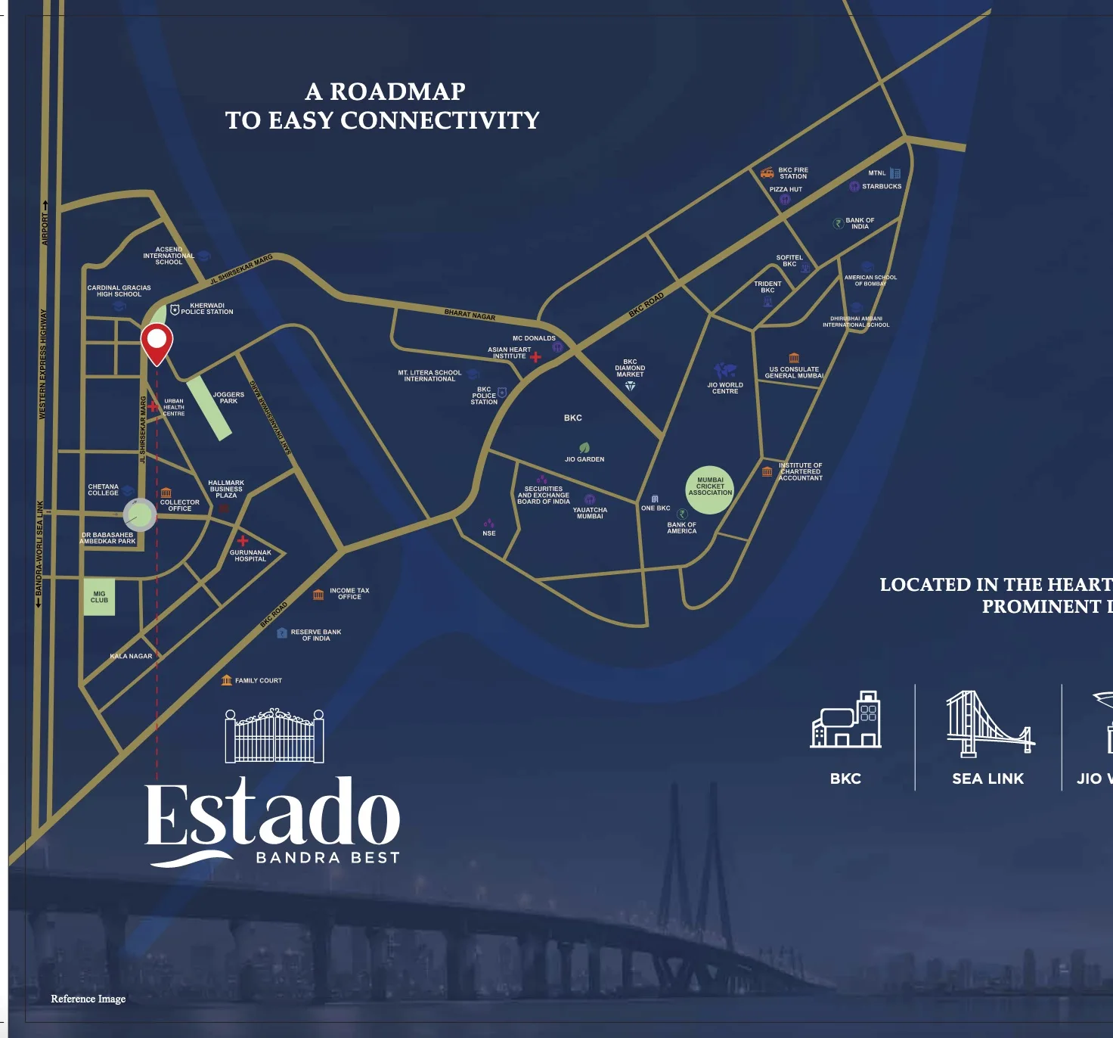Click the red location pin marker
[157, 342]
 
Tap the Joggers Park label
[228, 398]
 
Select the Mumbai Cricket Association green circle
[710, 489]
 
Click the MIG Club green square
[99, 597]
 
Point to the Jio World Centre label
[725, 388]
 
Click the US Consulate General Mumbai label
[794, 372]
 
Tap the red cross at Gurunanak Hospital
[243, 540]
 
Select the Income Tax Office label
[349, 594]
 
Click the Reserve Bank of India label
[316, 635]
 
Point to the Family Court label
[258, 681]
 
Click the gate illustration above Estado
[274, 735]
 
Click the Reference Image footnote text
[88, 999]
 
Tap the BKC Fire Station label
[793, 173]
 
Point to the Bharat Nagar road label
[470, 315]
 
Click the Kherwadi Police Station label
[207, 309]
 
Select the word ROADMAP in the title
[398, 92]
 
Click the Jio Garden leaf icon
[584, 448]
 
